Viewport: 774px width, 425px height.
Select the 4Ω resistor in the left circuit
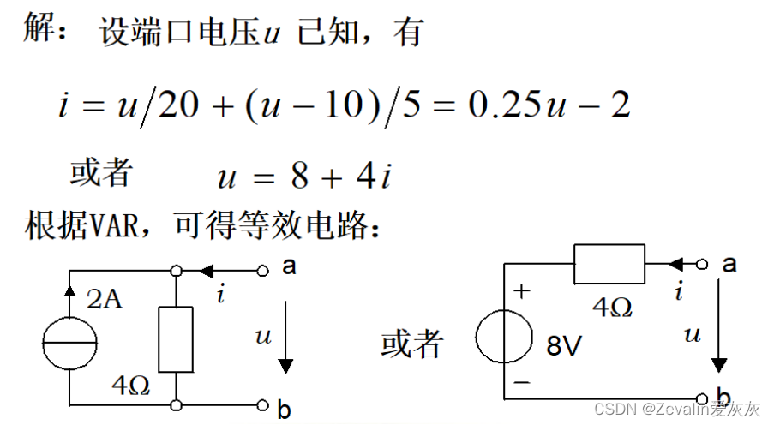(176, 338)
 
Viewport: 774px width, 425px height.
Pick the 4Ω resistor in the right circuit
(609, 263)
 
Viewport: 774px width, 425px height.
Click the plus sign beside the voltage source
(521, 291)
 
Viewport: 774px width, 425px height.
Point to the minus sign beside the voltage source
(521, 383)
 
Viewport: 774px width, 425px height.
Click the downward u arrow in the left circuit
(285, 343)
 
